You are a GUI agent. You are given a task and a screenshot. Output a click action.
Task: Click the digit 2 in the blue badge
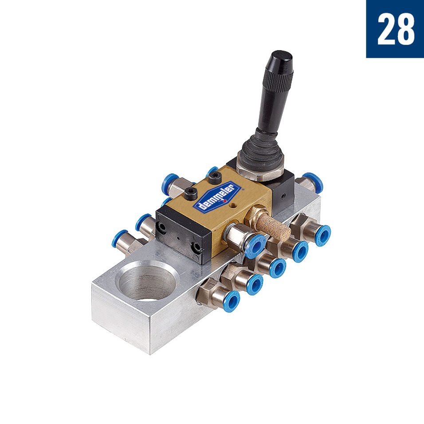[386, 29]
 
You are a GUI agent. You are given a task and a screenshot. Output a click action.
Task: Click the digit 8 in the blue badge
[405, 29]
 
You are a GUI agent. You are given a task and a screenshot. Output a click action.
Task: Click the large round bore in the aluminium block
[148, 281]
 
